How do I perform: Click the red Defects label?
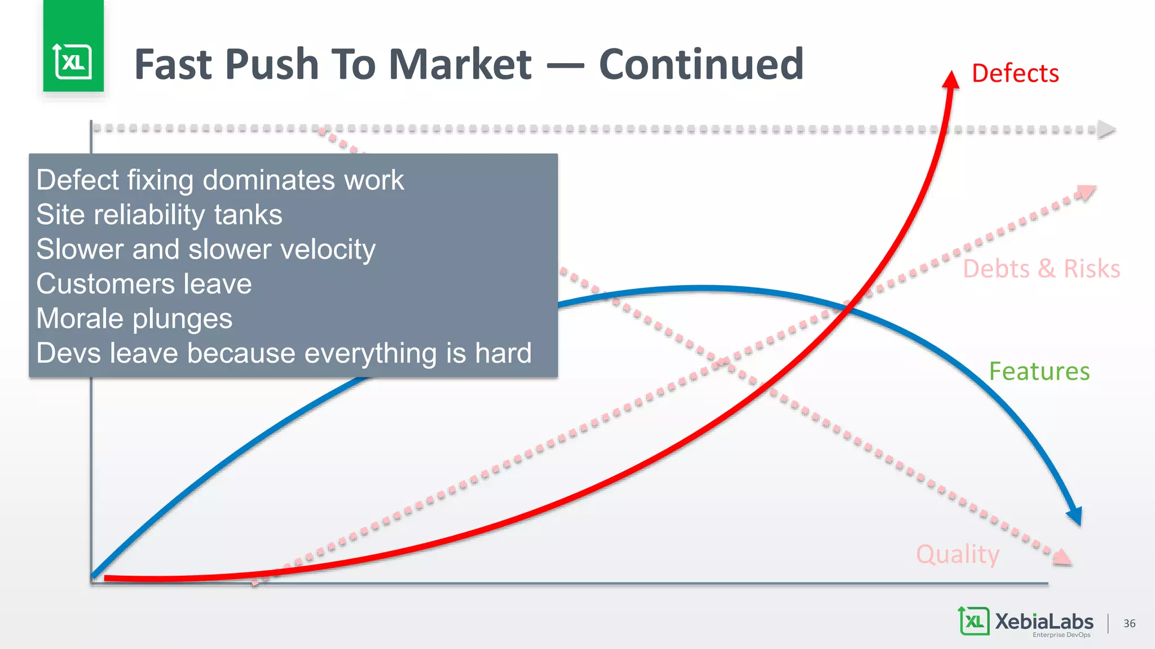coord(1015,74)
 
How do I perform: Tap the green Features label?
coord(1039,372)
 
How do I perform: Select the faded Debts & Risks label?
coord(1041,269)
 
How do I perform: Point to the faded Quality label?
coord(957,554)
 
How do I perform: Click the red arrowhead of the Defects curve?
coord(951,80)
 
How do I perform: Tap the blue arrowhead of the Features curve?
coord(1075,515)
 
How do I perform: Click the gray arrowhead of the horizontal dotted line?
coord(1106,130)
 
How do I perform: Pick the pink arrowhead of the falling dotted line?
coord(1061,557)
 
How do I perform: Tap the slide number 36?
coord(1129,623)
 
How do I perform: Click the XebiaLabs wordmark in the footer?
coord(1043,621)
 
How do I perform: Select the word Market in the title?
coord(460,64)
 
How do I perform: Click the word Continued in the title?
coord(701,64)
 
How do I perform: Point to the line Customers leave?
coord(144,284)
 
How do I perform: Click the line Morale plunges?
coord(134,319)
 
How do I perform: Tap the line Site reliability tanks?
coord(159,215)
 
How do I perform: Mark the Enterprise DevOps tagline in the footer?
coord(1061,635)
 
